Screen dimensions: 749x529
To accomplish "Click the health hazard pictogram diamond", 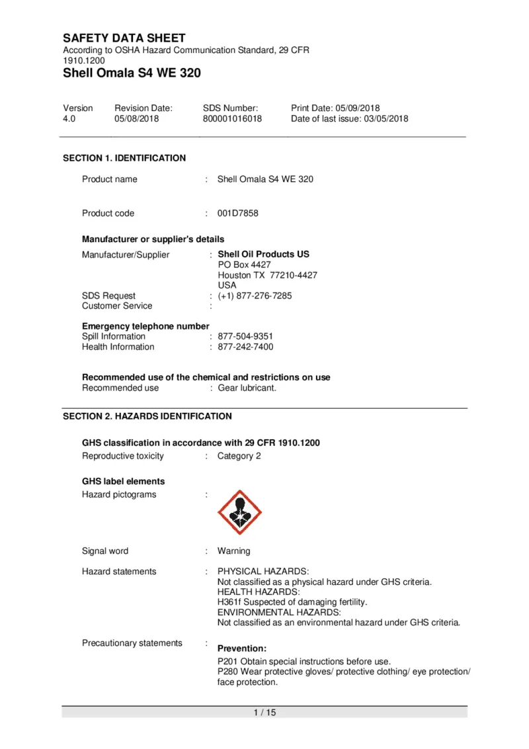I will click(239, 512).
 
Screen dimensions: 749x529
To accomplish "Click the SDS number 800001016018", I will click(232, 119).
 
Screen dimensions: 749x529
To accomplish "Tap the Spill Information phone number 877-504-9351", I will click(245, 336).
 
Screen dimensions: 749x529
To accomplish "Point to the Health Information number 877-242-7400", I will click(245, 347).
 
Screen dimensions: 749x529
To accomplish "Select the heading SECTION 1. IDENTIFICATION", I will click(124, 158).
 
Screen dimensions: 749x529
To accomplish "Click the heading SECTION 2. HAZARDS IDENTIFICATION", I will click(147, 416).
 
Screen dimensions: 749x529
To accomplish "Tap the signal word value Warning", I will click(234, 551).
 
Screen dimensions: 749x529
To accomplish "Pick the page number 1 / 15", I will click(264, 712).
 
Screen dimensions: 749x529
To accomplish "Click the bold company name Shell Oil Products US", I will click(263, 254).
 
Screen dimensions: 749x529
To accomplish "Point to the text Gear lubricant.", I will click(247, 388).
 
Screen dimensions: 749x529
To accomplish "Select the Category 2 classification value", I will click(239, 456).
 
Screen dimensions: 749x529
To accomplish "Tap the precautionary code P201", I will click(227, 662).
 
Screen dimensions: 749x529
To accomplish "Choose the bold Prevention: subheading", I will click(242, 648).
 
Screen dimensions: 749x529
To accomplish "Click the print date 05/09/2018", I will click(358, 108).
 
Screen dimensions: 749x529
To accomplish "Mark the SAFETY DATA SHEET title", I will click(124, 38).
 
